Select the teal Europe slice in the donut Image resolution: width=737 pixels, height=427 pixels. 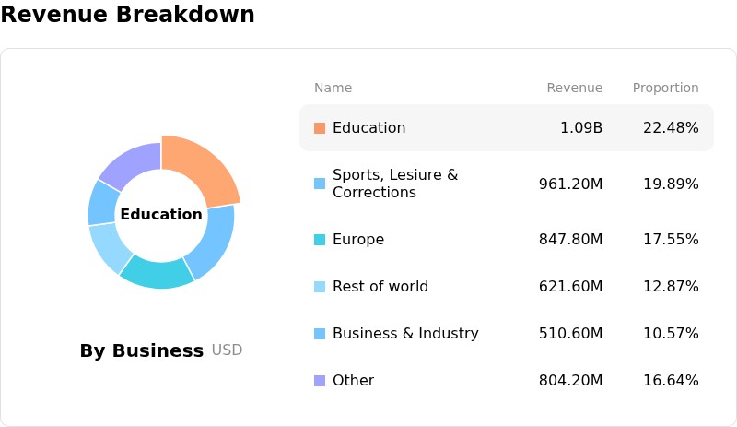[158, 273]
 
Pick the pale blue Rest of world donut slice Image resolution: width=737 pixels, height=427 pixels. [109, 247]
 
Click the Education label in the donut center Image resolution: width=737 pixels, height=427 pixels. [161, 214]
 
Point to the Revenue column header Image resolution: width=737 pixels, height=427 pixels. [574, 88]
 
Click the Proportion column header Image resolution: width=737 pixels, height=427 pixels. [665, 88]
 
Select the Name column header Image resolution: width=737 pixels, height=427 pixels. [333, 88]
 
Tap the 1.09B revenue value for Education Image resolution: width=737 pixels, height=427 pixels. [581, 127]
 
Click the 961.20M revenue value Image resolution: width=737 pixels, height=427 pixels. [570, 184]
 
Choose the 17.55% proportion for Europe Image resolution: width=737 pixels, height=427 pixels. [671, 239]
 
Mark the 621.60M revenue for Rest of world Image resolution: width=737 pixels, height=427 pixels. [570, 286]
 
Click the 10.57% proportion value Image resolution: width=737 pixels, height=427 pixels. [671, 333]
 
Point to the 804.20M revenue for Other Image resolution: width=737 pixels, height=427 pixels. [570, 380]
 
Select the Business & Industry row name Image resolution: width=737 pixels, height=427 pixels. [405, 333]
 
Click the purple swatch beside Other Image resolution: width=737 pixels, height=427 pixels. [320, 380]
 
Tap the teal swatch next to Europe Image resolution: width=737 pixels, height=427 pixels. [320, 240]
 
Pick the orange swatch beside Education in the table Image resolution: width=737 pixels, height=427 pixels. [320, 128]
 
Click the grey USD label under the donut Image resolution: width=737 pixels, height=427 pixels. [227, 350]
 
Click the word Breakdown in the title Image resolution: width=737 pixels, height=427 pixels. [185, 14]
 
